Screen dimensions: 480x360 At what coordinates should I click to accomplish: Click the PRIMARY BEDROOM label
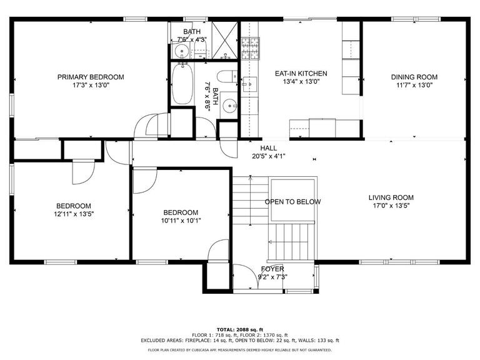point(91,77)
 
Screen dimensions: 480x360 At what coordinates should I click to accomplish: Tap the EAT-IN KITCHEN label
point(301,74)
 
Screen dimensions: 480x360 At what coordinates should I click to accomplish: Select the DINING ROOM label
point(414,77)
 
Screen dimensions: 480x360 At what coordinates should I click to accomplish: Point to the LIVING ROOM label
point(391,197)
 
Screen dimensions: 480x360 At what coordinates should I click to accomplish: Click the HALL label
point(269,148)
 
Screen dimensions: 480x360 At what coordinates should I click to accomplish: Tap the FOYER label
point(272,269)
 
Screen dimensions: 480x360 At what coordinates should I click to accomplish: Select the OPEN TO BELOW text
point(292,202)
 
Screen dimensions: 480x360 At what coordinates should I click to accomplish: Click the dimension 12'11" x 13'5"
point(74,214)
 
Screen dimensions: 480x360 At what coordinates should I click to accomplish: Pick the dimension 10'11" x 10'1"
point(181,221)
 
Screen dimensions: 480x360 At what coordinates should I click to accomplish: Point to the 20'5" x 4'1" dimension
point(269,156)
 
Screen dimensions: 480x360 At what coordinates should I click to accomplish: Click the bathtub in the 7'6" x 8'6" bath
point(182,83)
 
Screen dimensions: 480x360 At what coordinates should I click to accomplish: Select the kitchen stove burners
point(251,48)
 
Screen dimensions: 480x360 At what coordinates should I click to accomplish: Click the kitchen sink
point(249,83)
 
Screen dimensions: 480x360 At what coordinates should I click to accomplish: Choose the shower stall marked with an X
point(225,40)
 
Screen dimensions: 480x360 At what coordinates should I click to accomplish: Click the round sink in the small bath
point(182,51)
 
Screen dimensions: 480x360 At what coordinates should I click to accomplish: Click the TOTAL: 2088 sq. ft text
point(240,330)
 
